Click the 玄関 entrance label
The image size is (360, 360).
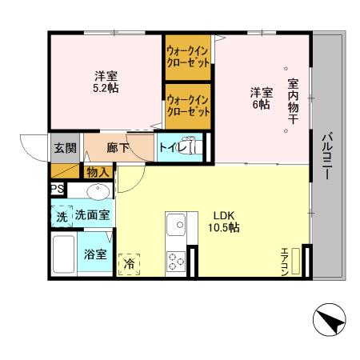(64, 147)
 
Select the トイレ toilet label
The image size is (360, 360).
(171, 147)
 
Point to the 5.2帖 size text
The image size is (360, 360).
(106, 88)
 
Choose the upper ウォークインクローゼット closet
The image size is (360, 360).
(188, 55)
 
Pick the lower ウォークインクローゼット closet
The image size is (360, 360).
(188, 106)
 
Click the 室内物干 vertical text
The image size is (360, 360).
(293, 99)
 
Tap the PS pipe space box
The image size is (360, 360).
(57, 189)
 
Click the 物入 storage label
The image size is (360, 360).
(98, 172)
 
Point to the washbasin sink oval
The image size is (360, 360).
(98, 192)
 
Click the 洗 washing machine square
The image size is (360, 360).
(62, 215)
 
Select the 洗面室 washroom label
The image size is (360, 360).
(93, 215)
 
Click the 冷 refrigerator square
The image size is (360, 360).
(128, 263)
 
